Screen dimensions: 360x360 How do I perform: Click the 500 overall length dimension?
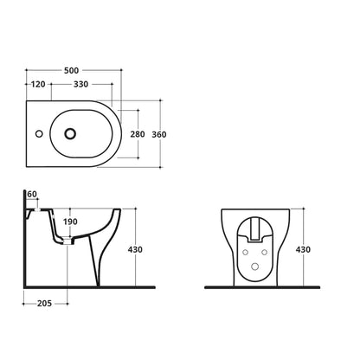(x=71, y=70)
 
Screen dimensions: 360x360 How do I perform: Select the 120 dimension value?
(x=38, y=84)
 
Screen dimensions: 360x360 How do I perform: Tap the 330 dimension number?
(x=80, y=84)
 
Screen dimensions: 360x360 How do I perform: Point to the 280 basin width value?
(x=138, y=134)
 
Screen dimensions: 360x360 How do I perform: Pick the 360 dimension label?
(x=159, y=134)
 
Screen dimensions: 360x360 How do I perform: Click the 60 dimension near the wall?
(x=32, y=195)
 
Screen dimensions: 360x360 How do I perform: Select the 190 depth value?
(x=70, y=222)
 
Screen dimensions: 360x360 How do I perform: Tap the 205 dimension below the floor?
(x=44, y=303)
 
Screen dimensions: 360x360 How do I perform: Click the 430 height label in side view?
(x=135, y=249)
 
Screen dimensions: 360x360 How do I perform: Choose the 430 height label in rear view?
(x=303, y=249)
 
